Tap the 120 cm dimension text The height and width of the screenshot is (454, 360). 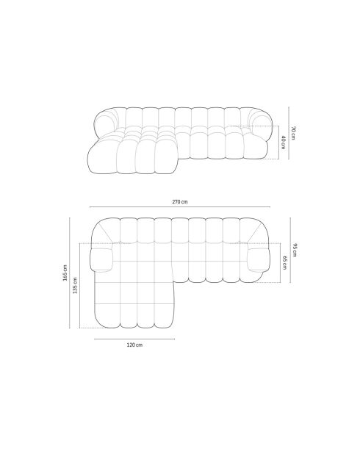pyautogui.click(x=134, y=345)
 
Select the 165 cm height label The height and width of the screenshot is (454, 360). pyautogui.click(x=65, y=273)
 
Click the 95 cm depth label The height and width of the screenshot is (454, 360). pyautogui.click(x=295, y=250)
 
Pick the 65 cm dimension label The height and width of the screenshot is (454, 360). pyautogui.click(x=284, y=262)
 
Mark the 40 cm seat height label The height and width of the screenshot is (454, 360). pyautogui.click(x=282, y=141)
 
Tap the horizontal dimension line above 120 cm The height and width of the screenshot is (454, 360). pyautogui.click(x=134, y=339)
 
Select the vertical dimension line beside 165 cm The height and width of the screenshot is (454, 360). pyautogui.click(x=71, y=273)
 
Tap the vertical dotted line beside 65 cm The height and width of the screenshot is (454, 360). pyautogui.click(x=278, y=262)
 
